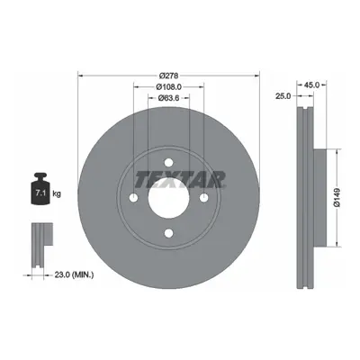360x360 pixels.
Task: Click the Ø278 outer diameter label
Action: coord(168,76)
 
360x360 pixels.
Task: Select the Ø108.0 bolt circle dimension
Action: coord(168,87)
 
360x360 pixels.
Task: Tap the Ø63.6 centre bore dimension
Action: coord(168,98)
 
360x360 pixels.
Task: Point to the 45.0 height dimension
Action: coord(311,85)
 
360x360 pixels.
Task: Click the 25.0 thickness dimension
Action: coord(283,96)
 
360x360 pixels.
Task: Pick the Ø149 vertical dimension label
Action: coord(337,197)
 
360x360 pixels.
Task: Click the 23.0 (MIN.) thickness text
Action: coord(74,274)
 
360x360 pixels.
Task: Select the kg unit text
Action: coord(57,193)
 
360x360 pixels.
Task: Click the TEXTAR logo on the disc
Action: coord(180,179)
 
